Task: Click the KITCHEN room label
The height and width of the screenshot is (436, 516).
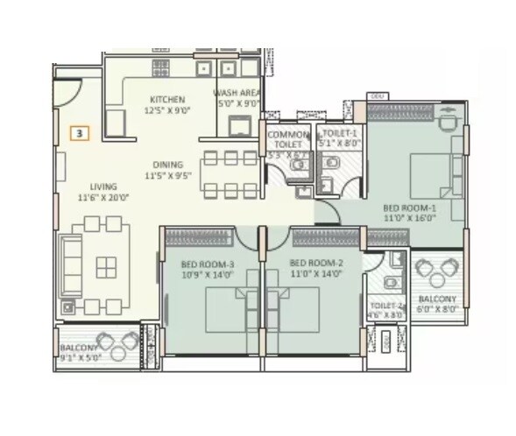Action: (x=166, y=99)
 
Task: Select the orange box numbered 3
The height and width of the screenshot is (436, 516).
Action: (x=80, y=134)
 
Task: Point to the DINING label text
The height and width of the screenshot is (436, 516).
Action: (x=166, y=164)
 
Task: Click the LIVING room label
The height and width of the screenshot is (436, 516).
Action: (x=103, y=186)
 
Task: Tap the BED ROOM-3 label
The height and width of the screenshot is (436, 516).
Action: (x=207, y=263)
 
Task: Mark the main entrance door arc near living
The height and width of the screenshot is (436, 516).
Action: (x=68, y=91)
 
